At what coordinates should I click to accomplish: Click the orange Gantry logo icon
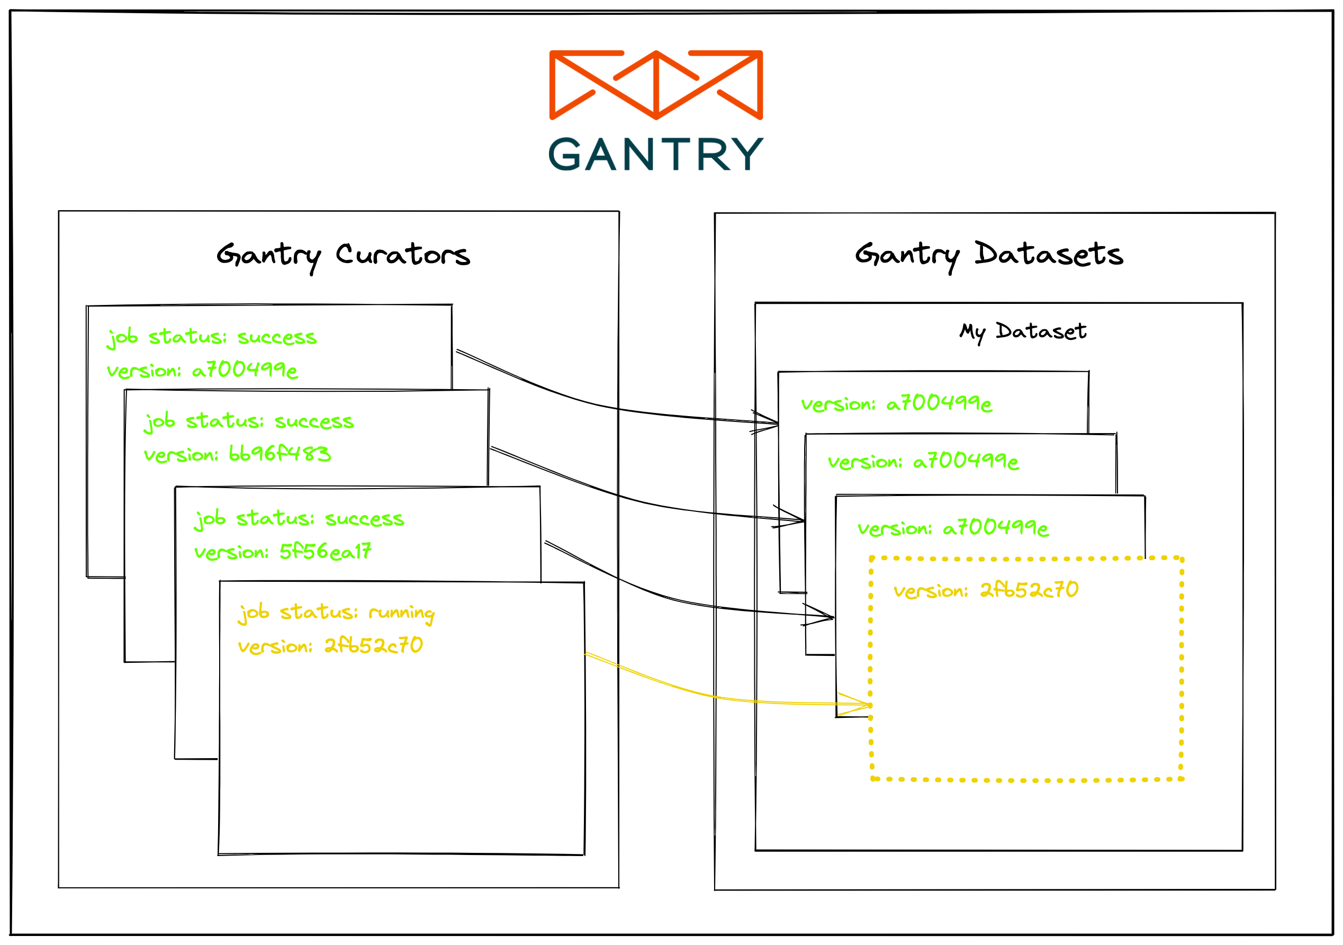pyautogui.click(x=656, y=85)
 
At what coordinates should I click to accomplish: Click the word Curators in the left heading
pyautogui.click(x=402, y=255)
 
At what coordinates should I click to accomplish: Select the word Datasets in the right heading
pyautogui.click(x=1048, y=255)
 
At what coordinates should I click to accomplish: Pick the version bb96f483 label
pyautogui.click(x=237, y=454)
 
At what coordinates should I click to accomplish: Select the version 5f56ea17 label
pyautogui.click(x=283, y=551)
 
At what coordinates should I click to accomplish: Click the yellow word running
pyautogui.click(x=401, y=613)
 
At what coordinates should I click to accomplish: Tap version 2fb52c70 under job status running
pyautogui.click(x=330, y=645)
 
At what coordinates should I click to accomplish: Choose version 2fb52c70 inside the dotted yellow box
pyautogui.click(x=986, y=590)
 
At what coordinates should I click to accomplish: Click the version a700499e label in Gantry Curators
pyautogui.click(x=202, y=370)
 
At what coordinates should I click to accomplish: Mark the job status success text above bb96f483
pyautogui.click(x=249, y=421)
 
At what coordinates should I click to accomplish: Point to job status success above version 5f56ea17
pyautogui.click(x=299, y=518)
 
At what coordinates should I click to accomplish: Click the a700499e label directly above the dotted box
pyautogui.click(x=953, y=528)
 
